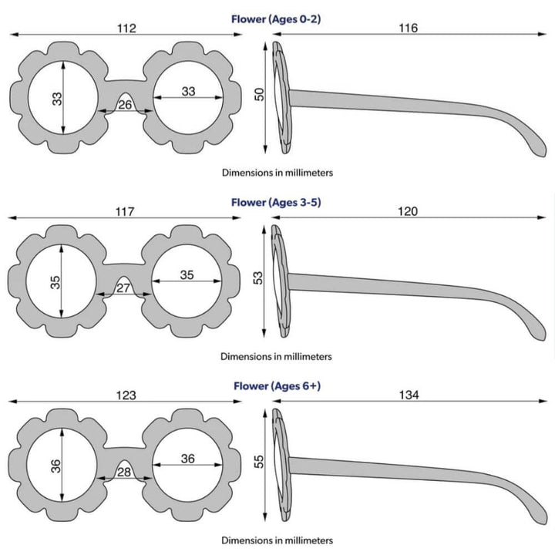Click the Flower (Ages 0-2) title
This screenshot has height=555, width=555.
click(x=276, y=19)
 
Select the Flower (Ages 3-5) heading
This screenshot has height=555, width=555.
click(x=276, y=203)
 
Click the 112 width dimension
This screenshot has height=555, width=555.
click(x=126, y=29)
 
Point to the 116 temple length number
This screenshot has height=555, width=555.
click(x=409, y=29)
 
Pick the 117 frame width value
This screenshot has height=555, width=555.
click(x=126, y=211)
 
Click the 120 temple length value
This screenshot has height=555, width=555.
click(x=409, y=211)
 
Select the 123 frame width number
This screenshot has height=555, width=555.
click(x=126, y=395)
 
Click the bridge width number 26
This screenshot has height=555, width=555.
click(x=125, y=105)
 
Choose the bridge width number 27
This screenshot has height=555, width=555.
click(x=122, y=288)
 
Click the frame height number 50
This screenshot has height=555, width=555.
click(x=260, y=94)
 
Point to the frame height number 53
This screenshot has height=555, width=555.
click(x=259, y=277)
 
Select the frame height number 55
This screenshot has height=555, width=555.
click(x=260, y=462)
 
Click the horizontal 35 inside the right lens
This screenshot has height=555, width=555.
click(x=187, y=275)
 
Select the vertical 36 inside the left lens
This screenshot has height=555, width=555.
click(x=55, y=467)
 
